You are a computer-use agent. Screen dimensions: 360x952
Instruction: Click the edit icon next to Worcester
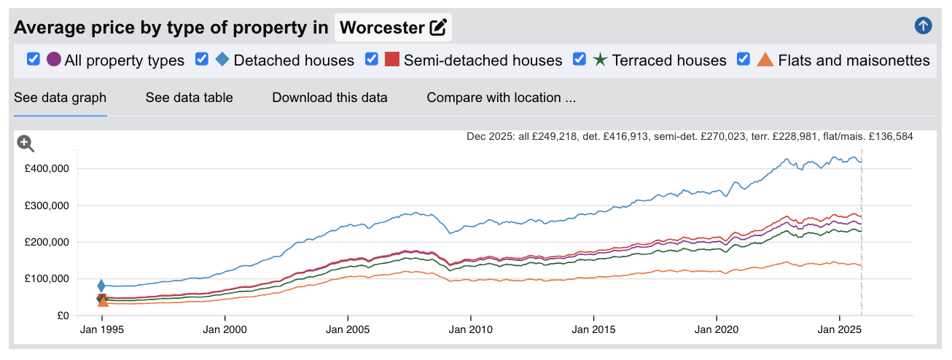pyautogui.click(x=438, y=28)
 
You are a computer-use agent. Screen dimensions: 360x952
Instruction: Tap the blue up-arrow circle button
pyautogui.click(x=923, y=26)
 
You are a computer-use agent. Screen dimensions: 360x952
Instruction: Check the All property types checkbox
pyautogui.click(x=33, y=59)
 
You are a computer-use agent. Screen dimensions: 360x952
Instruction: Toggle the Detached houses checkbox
pyautogui.click(x=202, y=59)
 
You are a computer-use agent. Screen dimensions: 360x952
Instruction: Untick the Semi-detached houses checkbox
pyautogui.click(x=372, y=59)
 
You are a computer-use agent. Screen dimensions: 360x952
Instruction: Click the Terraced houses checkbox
pyautogui.click(x=580, y=59)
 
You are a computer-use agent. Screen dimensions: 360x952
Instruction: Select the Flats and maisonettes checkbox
pyautogui.click(x=744, y=59)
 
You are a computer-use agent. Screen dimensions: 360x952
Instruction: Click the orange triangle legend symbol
pyautogui.click(x=765, y=60)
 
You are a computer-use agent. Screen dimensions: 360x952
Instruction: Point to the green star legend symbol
pyautogui.click(x=600, y=60)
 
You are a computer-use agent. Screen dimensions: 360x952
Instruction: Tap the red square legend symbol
pyautogui.click(x=392, y=60)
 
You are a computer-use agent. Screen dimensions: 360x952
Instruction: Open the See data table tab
pyautogui.click(x=189, y=98)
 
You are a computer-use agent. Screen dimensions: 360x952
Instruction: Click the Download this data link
pyautogui.click(x=329, y=98)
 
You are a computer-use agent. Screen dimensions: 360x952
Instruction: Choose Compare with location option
pyautogui.click(x=502, y=98)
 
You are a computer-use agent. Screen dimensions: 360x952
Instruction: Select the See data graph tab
pyautogui.click(x=61, y=98)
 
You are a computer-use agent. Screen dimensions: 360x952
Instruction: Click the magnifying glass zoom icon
pyautogui.click(x=26, y=144)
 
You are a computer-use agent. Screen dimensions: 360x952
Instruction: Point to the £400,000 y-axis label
pyautogui.click(x=47, y=169)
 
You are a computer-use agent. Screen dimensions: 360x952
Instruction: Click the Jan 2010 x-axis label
pyautogui.click(x=471, y=329)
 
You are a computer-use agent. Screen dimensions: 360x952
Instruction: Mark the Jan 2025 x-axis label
pyautogui.click(x=840, y=329)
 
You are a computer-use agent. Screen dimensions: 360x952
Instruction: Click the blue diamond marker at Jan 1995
pyautogui.click(x=101, y=286)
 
